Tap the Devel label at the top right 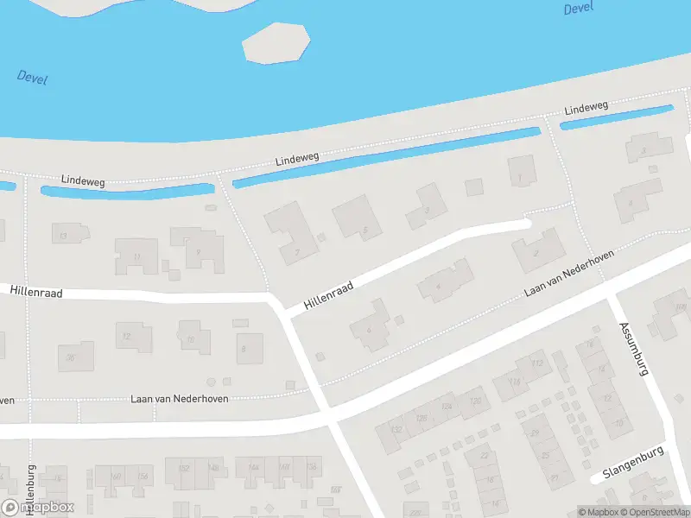click(x=579, y=9)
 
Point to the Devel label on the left click(x=32, y=78)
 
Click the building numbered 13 click(x=62, y=235)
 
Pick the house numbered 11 click(x=137, y=256)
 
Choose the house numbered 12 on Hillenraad click(x=126, y=336)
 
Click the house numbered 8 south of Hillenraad click(x=244, y=349)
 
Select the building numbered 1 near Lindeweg click(x=520, y=179)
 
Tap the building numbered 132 click(x=396, y=429)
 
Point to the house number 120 click(x=475, y=401)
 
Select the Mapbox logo click(x=38, y=508)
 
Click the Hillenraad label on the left click(x=38, y=294)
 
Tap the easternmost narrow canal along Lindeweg click(x=617, y=117)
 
